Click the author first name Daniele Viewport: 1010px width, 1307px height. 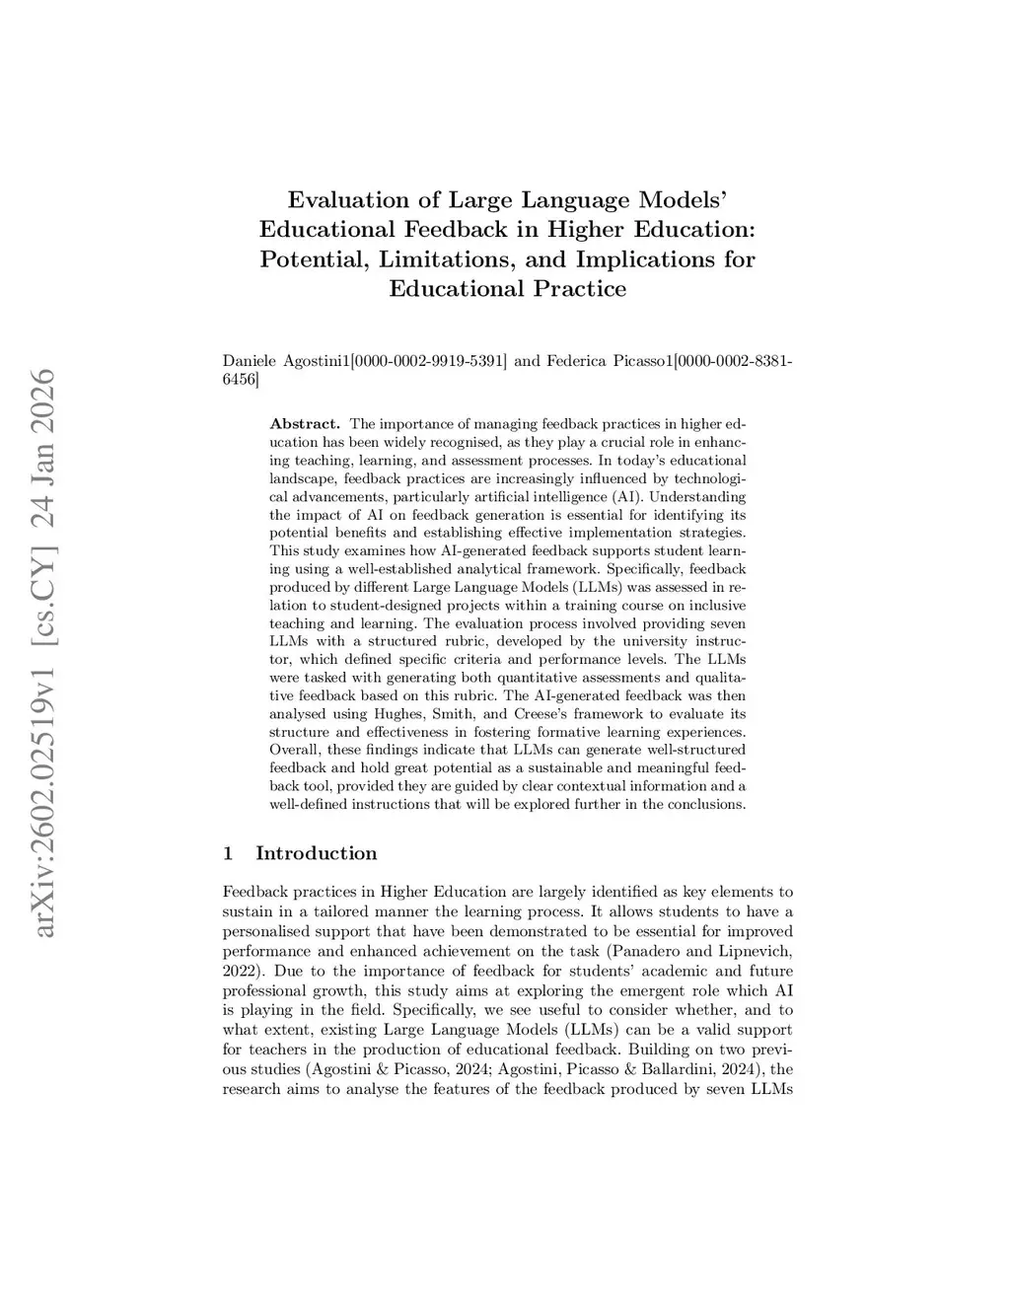(x=251, y=361)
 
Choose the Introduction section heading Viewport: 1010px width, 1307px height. (x=316, y=853)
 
